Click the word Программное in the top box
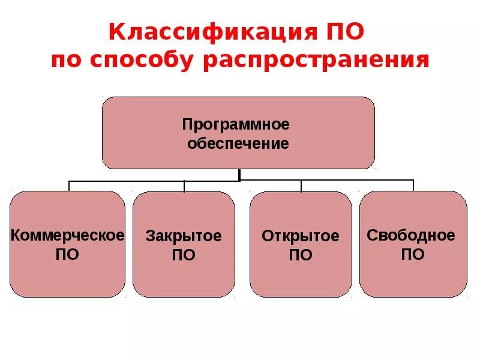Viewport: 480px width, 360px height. click(x=236, y=124)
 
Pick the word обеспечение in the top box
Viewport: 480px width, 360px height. click(x=238, y=144)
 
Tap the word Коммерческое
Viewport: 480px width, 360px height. click(x=67, y=235)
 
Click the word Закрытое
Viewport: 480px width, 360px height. click(x=184, y=236)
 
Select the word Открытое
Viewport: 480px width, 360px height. click(x=301, y=236)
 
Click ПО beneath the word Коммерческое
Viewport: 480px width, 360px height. click(x=67, y=254)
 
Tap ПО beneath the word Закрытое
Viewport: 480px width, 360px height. click(x=184, y=255)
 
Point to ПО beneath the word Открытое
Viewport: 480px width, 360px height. click(x=301, y=255)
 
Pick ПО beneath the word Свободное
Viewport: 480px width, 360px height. click(x=413, y=254)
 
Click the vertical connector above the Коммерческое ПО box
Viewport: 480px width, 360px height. click(x=69, y=185)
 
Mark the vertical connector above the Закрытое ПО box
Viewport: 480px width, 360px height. click(x=184, y=185)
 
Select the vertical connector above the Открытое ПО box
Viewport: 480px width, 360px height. click(x=301, y=185)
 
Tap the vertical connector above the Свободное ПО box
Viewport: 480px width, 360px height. click(x=413, y=185)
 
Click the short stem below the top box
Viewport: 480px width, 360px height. click(x=239, y=175)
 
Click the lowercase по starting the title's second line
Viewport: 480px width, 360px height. click(x=64, y=61)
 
